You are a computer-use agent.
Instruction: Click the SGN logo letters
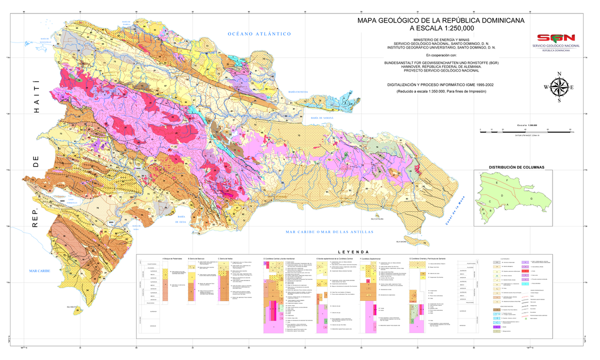point(555,38)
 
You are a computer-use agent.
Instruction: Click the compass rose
point(558,87)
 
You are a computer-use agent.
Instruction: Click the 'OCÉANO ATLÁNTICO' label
point(259,34)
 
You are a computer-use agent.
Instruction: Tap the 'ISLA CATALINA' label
point(376,219)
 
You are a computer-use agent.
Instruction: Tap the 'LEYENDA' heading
point(353,251)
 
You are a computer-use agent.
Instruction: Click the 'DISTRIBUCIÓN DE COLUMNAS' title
point(516,167)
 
